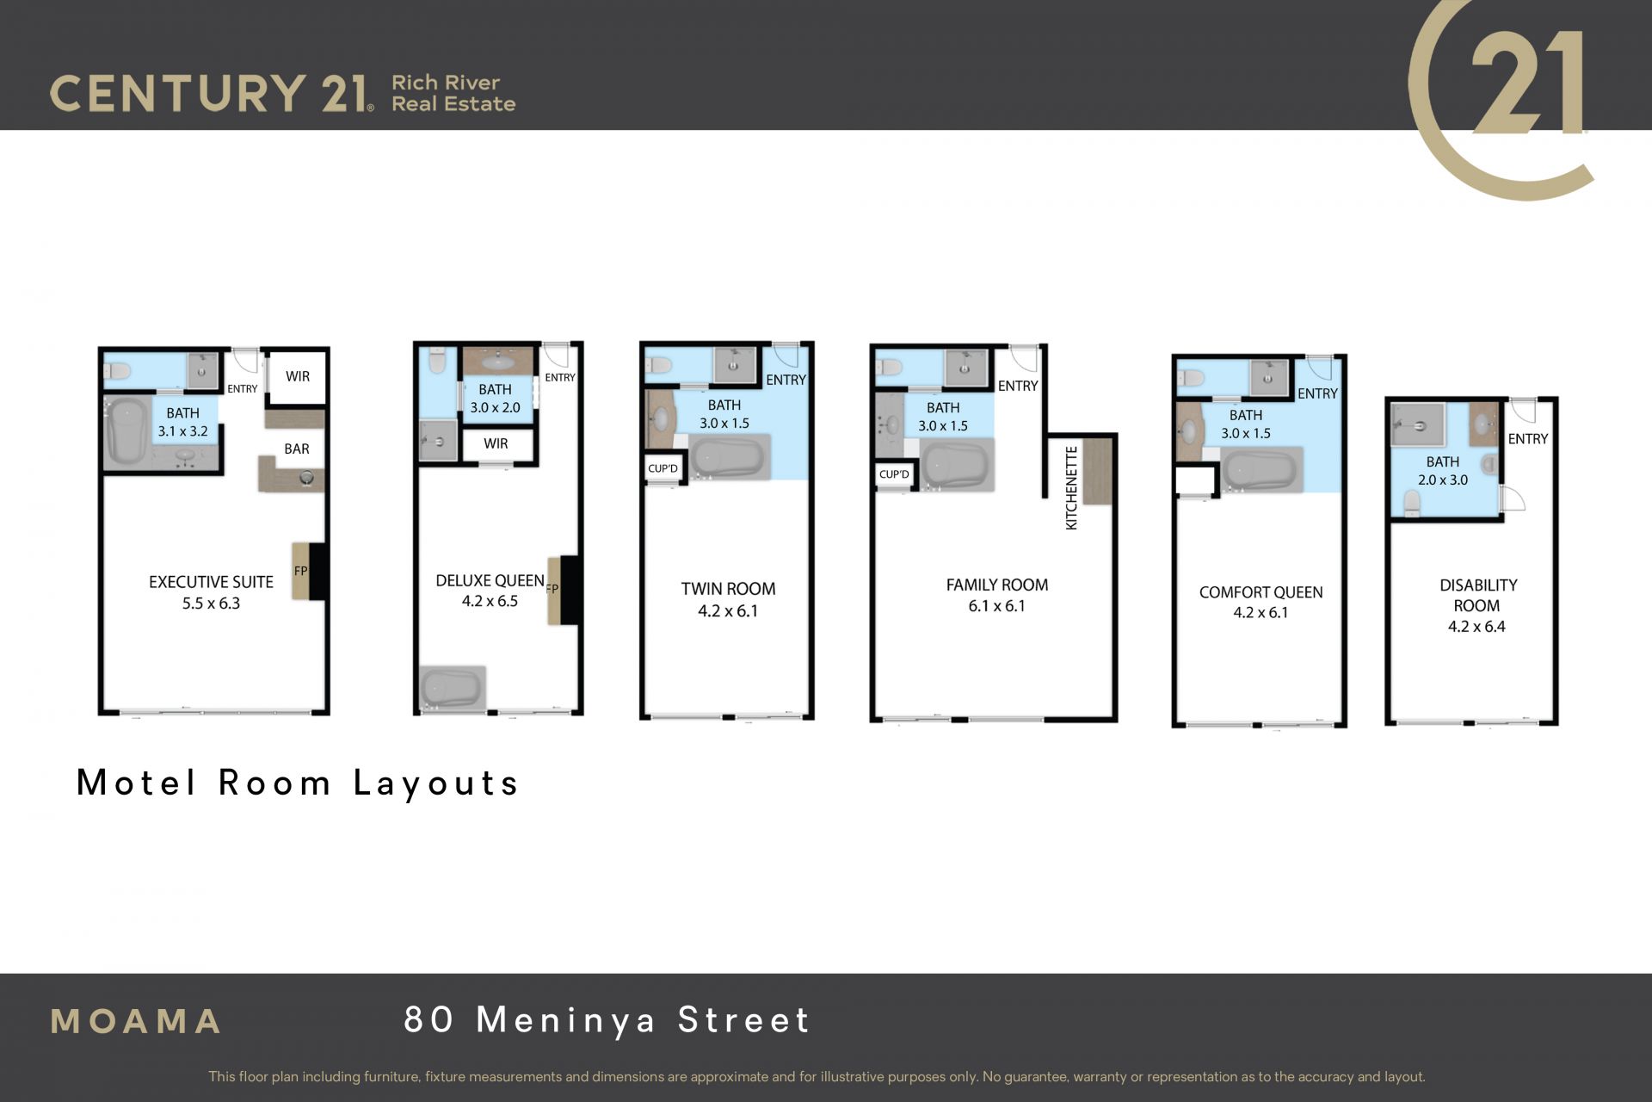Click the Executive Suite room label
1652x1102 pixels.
pos(211,582)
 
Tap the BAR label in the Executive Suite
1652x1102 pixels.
pos(297,449)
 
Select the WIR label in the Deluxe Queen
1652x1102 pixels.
pos(496,443)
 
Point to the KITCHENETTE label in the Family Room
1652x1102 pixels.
pos(1071,487)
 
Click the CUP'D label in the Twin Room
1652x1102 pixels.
pos(663,468)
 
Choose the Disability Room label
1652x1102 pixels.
pos(1478,595)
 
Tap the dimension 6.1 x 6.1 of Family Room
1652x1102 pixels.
pos(996,606)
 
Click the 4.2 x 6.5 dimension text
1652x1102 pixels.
pos(490,601)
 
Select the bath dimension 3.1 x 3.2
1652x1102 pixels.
pos(182,431)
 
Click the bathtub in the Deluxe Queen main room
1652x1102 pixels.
pos(452,687)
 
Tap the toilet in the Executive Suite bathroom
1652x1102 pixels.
pos(116,371)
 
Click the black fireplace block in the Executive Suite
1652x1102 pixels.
pos(317,571)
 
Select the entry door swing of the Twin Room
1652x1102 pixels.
pos(786,355)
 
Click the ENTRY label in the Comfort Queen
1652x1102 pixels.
pos(1317,393)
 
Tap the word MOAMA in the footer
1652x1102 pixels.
pos(136,1022)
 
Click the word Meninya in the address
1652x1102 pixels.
pos(566,1020)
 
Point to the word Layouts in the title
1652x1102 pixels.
pos(436,783)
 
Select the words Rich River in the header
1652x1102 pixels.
pos(446,83)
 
